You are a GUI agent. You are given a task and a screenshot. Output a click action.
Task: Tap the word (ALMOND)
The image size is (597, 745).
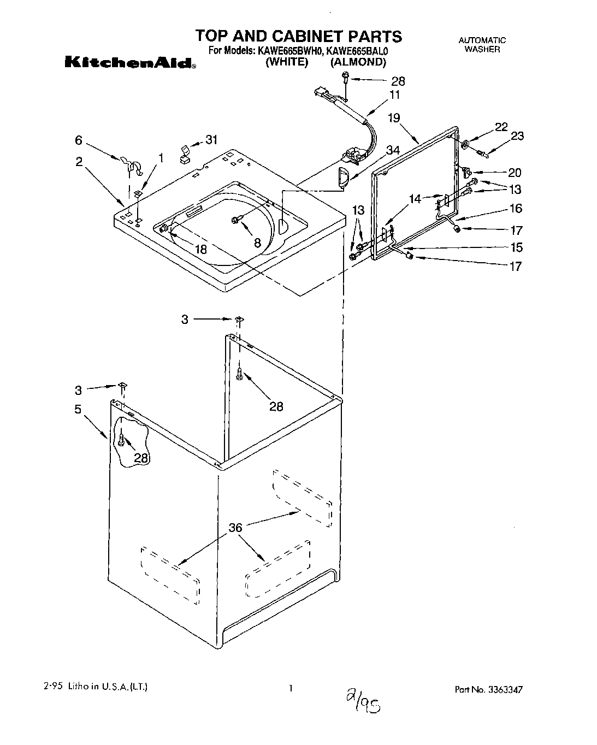tap(358, 62)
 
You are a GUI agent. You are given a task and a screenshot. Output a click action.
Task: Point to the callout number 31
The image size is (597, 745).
tap(211, 140)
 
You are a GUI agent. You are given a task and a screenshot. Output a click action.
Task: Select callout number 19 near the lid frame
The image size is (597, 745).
tap(394, 117)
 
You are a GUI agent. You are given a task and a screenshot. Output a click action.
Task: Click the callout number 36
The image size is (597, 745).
tap(235, 527)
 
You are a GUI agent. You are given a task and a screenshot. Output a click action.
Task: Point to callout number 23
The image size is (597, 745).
tap(517, 135)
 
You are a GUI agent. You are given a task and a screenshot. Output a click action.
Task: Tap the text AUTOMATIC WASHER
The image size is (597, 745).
tap(482, 44)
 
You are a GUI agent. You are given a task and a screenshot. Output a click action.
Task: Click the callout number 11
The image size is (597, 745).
tap(394, 94)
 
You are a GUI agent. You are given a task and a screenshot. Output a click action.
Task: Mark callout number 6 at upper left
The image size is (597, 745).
tap(79, 140)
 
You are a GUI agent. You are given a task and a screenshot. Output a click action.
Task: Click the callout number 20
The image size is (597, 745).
tap(515, 173)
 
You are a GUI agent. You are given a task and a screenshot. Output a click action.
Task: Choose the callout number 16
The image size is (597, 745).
tap(515, 208)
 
